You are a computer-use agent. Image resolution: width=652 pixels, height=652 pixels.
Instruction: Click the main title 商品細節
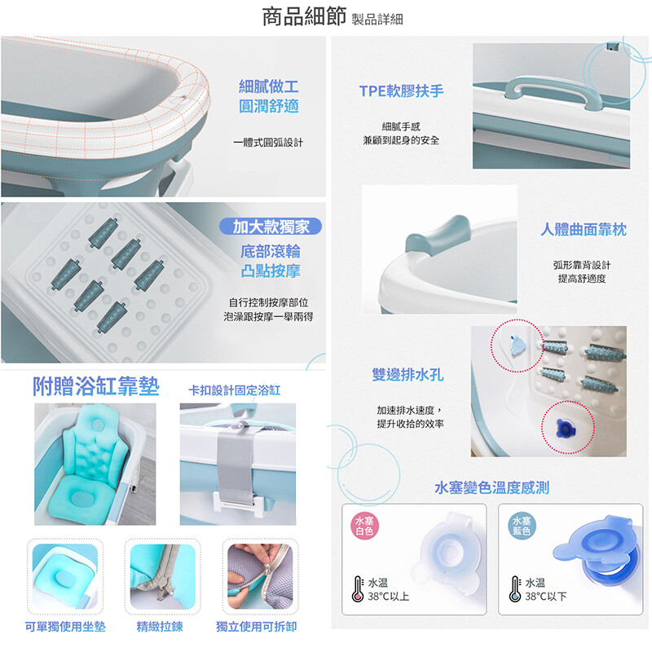[304, 16]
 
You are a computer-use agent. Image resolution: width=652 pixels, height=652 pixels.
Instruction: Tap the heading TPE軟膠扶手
[401, 91]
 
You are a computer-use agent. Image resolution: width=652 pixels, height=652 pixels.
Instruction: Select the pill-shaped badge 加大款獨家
[271, 227]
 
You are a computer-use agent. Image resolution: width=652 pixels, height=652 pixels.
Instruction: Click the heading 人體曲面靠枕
[584, 229]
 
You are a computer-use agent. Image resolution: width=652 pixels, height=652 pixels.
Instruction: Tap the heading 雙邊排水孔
[407, 375]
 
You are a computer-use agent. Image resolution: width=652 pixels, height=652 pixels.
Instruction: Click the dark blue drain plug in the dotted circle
[565, 429]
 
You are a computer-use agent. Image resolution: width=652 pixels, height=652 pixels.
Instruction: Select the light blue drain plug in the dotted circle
[518, 345]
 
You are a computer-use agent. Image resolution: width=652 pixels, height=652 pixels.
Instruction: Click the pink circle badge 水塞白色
[364, 526]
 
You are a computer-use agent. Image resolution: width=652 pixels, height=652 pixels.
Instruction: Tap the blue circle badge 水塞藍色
[522, 526]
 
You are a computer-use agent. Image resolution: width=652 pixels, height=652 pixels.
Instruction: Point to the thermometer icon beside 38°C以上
[358, 588]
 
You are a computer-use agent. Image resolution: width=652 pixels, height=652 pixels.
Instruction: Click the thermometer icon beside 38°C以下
[515, 588]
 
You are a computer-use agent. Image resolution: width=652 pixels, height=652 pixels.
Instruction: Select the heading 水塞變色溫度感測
[492, 487]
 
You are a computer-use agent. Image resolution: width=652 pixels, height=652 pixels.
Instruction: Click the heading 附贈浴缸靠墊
[96, 386]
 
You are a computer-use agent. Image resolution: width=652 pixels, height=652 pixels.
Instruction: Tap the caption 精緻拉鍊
[160, 627]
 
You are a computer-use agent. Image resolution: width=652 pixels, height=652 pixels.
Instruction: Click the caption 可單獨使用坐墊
[65, 627]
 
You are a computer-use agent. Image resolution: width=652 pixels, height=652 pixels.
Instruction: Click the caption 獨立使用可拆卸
[257, 627]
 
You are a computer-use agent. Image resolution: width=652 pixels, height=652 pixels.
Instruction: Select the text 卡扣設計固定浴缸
[235, 390]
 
